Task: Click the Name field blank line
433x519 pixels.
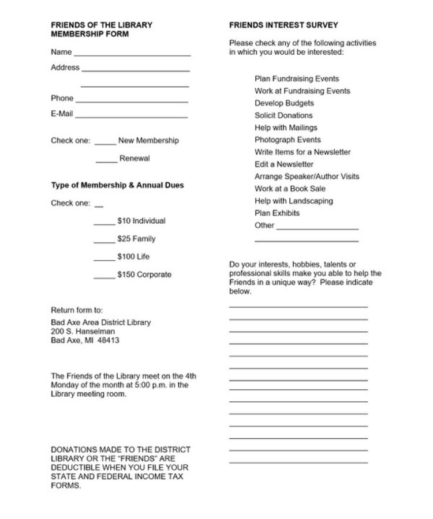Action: (132, 54)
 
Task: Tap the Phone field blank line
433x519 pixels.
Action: (132, 101)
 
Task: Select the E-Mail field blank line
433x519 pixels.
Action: (132, 116)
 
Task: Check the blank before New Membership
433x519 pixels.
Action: (105, 143)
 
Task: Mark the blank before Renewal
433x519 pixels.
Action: (106, 161)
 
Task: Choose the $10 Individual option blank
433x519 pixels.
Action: (104, 223)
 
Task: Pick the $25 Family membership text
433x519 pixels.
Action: (136, 239)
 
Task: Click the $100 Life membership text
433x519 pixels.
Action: (133, 257)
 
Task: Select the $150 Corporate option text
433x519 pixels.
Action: (144, 274)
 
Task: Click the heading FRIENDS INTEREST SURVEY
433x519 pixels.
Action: (283, 25)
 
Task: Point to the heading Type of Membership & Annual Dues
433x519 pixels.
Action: (117, 185)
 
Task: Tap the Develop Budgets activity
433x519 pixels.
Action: (284, 103)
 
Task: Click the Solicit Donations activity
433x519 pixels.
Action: (283, 115)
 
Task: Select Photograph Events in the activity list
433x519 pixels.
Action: (288, 140)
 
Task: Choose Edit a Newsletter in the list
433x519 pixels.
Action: (284, 164)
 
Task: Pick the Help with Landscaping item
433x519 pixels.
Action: (293, 201)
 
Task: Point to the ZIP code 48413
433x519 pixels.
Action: (109, 340)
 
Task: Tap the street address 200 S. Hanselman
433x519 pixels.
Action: (83, 332)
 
